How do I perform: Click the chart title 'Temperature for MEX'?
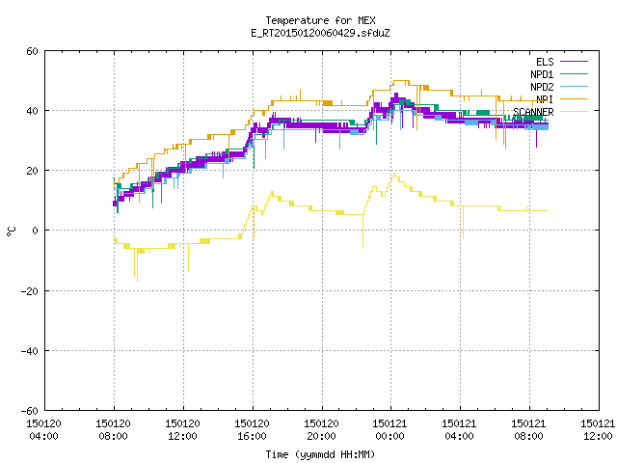click(320, 20)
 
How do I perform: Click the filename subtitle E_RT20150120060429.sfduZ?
click(320, 33)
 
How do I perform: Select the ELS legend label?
click(545, 62)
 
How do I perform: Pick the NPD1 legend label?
click(542, 74)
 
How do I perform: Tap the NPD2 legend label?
click(542, 87)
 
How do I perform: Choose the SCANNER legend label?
click(533, 112)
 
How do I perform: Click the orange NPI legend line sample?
click(574, 99)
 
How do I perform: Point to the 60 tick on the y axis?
click(32, 51)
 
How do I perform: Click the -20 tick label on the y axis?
click(30, 291)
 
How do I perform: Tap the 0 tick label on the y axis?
click(36, 231)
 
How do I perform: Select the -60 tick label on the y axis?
click(30, 411)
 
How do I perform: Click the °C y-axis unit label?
click(11, 231)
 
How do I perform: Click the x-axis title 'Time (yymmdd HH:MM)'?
click(320, 454)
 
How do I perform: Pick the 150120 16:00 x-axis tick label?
click(252, 430)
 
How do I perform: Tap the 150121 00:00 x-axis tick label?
click(389, 430)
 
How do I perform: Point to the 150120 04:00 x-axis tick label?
click(43, 430)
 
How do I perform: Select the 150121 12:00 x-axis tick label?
click(598, 430)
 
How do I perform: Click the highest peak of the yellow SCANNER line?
click(394, 174)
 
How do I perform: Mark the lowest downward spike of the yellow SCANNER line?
click(137, 281)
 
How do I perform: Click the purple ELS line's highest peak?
click(396, 94)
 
